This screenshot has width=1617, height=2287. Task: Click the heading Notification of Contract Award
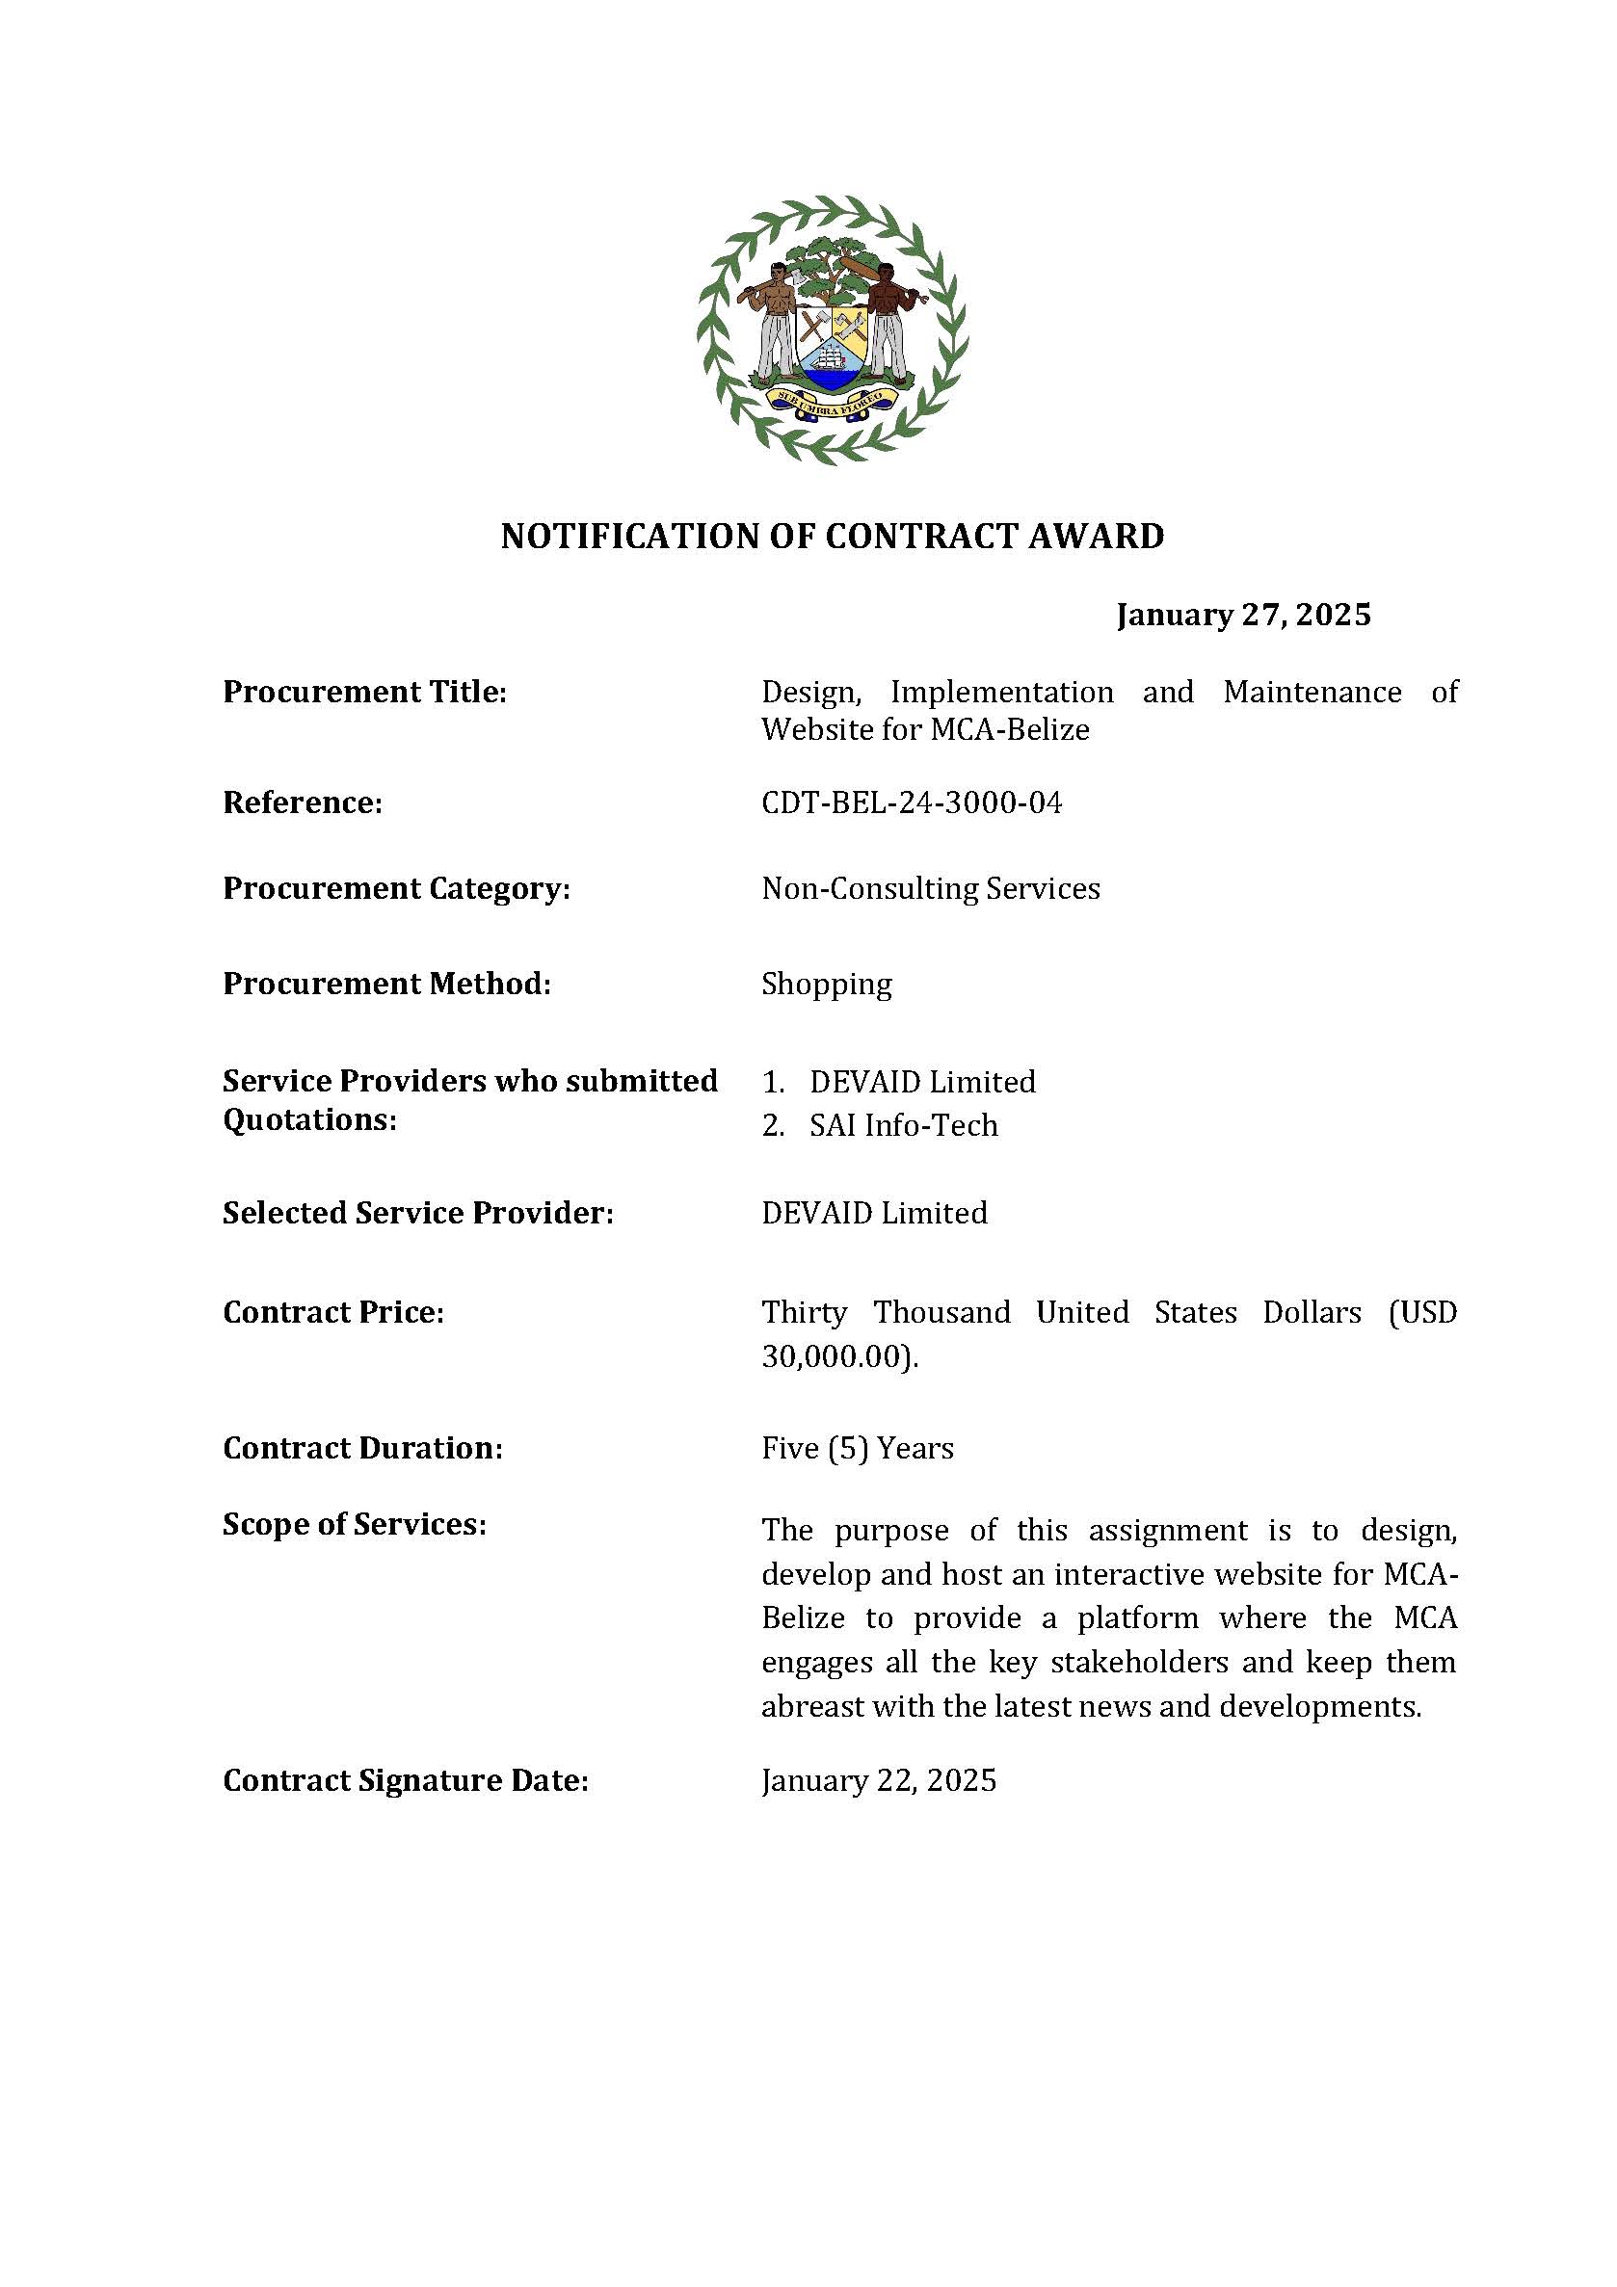point(832,536)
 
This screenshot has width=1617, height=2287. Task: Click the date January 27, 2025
point(1243,615)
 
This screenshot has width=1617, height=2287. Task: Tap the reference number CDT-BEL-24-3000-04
point(912,802)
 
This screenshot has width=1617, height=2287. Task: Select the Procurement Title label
point(364,692)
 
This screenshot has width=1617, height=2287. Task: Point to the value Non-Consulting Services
point(931,888)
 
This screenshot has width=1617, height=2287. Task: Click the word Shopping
point(827,985)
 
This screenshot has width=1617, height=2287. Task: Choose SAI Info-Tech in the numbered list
point(903,1125)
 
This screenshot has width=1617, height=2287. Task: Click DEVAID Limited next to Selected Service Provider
point(874,1213)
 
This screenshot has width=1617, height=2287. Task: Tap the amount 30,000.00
point(835,1356)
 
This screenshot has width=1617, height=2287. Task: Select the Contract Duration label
point(362,1448)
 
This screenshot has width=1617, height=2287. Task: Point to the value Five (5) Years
point(857,1448)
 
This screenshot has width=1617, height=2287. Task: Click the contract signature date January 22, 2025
point(879,1781)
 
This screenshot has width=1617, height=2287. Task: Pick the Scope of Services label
point(354,1525)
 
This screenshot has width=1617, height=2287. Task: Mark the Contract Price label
point(332,1313)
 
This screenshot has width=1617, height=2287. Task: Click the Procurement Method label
point(386,985)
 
